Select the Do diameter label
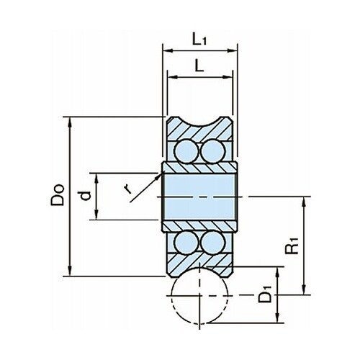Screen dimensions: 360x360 (x=58, y=195)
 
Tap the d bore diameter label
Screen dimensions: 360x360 (x=86, y=196)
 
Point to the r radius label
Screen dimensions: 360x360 (x=127, y=189)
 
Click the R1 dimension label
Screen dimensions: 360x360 (x=292, y=246)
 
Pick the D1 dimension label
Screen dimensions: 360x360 (x=265, y=294)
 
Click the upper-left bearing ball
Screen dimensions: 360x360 (x=186, y=151)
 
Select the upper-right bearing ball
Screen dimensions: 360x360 (x=213, y=151)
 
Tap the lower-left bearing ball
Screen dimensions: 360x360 (x=186, y=242)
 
